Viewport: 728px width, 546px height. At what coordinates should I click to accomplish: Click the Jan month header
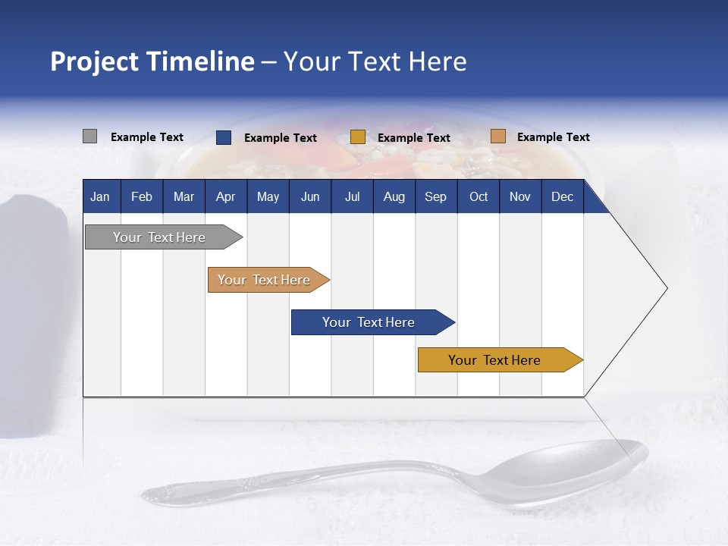(x=100, y=196)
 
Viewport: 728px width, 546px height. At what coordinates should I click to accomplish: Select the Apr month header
(x=225, y=196)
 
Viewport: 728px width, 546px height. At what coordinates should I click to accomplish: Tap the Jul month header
(x=352, y=196)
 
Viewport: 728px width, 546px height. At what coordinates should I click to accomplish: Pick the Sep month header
(x=435, y=196)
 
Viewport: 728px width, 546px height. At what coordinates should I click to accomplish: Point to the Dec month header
(x=562, y=196)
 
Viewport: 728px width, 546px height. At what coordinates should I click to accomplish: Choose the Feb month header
(x=142, y=196)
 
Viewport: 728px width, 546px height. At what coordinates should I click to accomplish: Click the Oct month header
(x=479, y=196)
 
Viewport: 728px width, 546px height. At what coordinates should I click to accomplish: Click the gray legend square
(x=89, y=136)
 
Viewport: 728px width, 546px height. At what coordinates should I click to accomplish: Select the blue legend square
(x=224, y=137)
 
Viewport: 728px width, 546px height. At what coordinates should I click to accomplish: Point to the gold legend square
(x=358, y=137)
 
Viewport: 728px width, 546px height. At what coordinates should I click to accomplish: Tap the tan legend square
(x=497, y=136)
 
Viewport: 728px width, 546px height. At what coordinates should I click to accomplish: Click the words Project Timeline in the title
(x=152, y=61)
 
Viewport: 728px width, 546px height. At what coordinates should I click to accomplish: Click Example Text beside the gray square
(x=147, y=137)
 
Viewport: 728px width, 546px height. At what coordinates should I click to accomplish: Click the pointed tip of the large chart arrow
(x=665, y=288)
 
